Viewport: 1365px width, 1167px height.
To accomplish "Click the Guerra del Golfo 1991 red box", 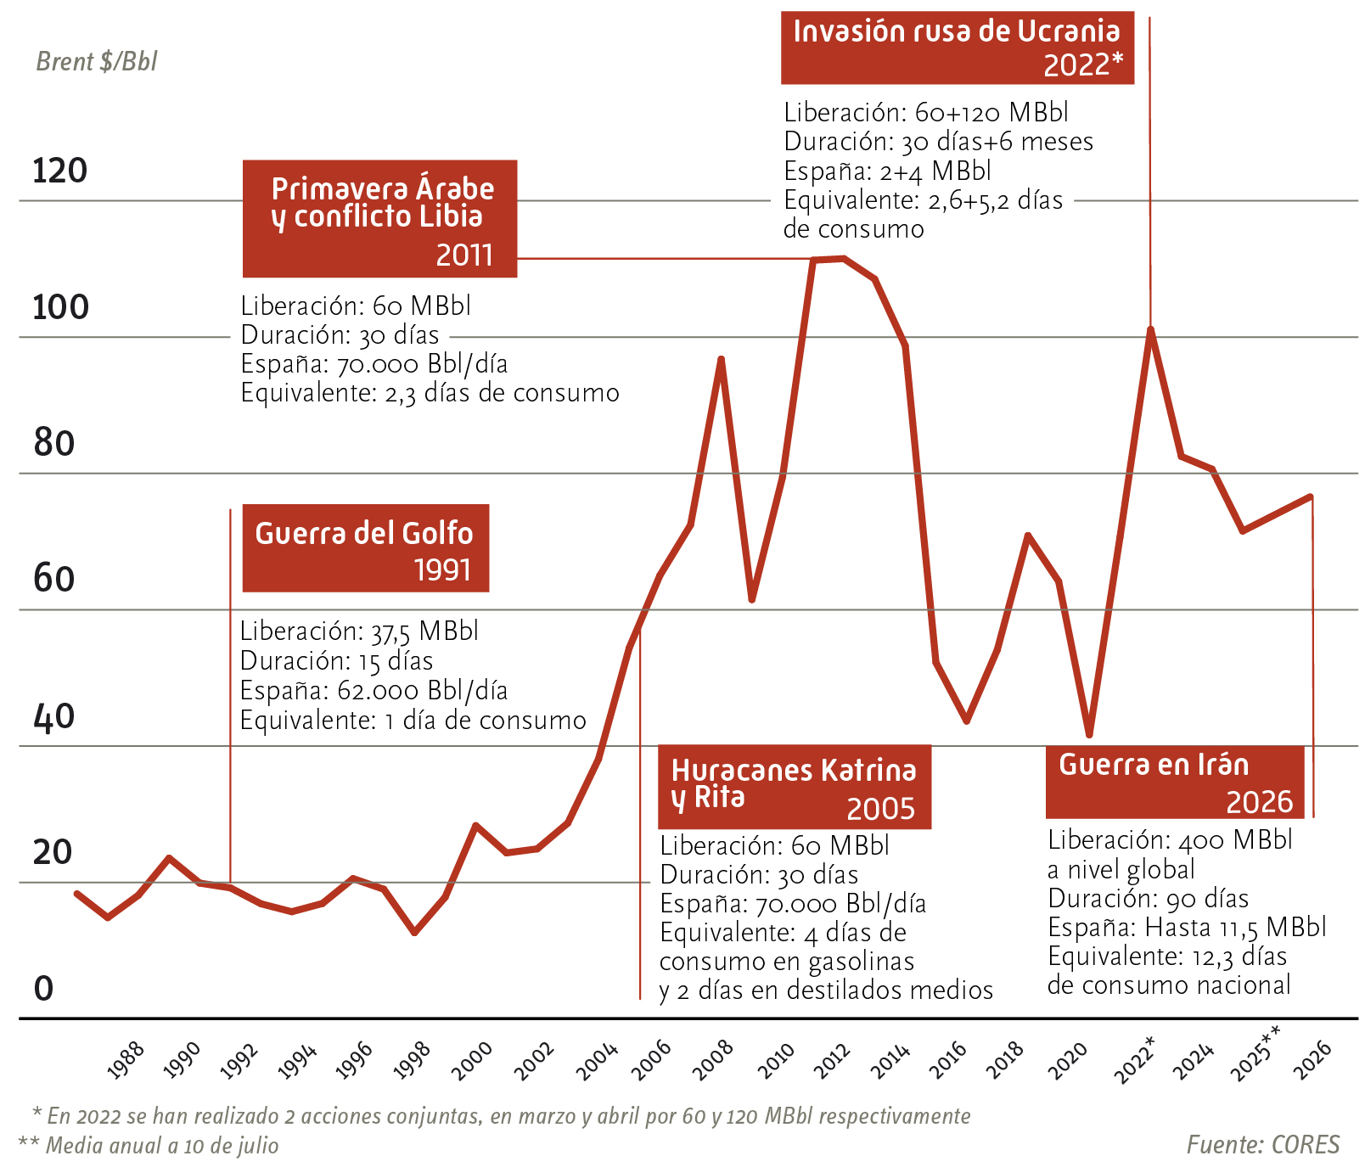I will (365, 548).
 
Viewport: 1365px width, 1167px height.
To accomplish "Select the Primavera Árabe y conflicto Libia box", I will (379, 218).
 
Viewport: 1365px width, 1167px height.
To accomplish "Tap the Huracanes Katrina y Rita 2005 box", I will (794, 787).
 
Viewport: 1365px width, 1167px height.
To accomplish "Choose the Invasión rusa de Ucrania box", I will (957, 48).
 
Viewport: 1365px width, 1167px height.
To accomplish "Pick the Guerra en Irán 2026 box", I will (1174, 782).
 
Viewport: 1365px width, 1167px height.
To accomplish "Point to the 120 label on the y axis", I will (60, 171).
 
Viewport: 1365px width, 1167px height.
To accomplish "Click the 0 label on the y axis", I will (43, 989).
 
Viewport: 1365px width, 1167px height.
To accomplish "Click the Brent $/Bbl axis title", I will (97, 62).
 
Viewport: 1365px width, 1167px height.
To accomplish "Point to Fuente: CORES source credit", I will (1262, 1145).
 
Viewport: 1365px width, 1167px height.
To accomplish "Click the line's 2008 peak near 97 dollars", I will (721, 359).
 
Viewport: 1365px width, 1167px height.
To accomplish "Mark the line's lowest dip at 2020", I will (1089, 734).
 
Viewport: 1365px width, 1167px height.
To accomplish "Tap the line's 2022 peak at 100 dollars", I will (1150, 329).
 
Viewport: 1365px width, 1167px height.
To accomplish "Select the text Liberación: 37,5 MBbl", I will (359, 631).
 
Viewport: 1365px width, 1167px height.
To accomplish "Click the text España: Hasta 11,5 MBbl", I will (1186, 927).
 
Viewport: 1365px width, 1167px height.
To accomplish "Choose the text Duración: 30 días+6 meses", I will (938, 142).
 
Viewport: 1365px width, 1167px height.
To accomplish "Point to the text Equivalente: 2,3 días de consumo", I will (430, 393).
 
